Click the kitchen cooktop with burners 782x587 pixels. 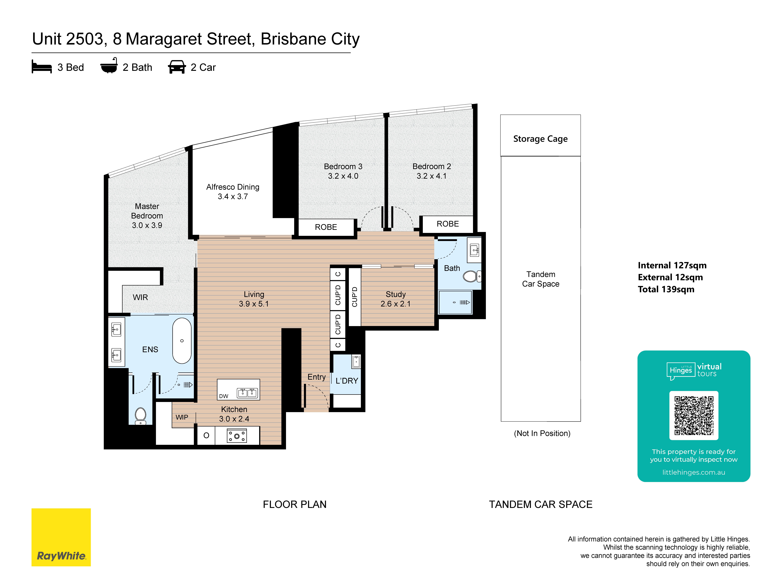(237, 436)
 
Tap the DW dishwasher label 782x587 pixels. (224, 396)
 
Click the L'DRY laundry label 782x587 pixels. (347, 381)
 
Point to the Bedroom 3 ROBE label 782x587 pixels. (326, 227)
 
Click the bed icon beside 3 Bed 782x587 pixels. (42, 67)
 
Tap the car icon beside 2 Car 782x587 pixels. (177, 67)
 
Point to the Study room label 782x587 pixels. (396, 294)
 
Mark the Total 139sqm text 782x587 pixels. (666, 289)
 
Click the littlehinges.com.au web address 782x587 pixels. (694, 472)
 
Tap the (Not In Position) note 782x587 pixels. (542, 433)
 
